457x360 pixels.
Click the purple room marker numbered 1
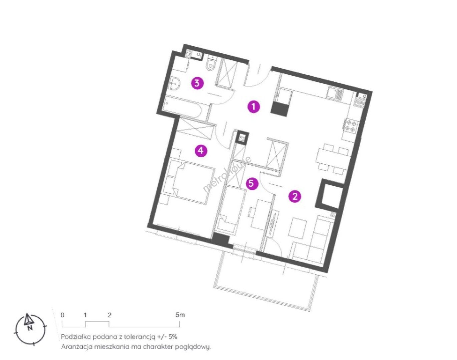254,107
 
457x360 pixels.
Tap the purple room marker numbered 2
295,197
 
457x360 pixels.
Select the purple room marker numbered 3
197,83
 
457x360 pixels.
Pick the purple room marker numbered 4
201,151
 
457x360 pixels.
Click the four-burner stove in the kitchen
350,126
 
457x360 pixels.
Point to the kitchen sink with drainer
335,93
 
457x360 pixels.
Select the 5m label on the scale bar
180,315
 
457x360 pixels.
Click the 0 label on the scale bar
62,315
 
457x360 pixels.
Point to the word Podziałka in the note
75,337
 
